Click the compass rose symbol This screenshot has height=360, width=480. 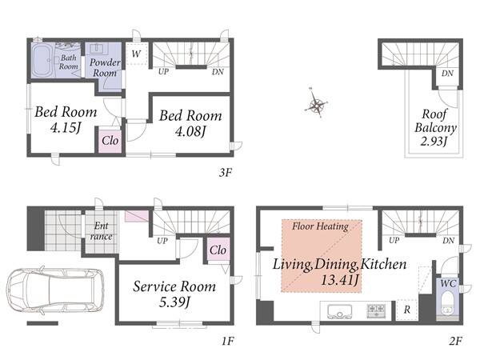317,103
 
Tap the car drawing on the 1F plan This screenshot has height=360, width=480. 56,290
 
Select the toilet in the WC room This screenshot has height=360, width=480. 448,304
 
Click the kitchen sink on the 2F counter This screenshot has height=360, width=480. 339,311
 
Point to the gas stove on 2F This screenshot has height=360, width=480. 376,310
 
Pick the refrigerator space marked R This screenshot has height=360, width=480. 407,310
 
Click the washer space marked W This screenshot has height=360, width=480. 136,54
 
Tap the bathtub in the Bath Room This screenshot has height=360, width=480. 42,60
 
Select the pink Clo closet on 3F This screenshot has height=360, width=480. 110,141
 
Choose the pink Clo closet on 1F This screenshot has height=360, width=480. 218,249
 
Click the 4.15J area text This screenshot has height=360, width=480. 66,128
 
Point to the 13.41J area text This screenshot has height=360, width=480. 339,280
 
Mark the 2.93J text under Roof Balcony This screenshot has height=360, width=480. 434,141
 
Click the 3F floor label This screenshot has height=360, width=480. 226,173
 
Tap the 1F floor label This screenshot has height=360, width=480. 228,341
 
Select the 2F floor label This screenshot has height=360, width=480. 456,341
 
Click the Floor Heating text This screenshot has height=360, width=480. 320,226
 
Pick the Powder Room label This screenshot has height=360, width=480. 105,68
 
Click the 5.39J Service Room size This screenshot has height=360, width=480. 174,302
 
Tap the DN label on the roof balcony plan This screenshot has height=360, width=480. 447,73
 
